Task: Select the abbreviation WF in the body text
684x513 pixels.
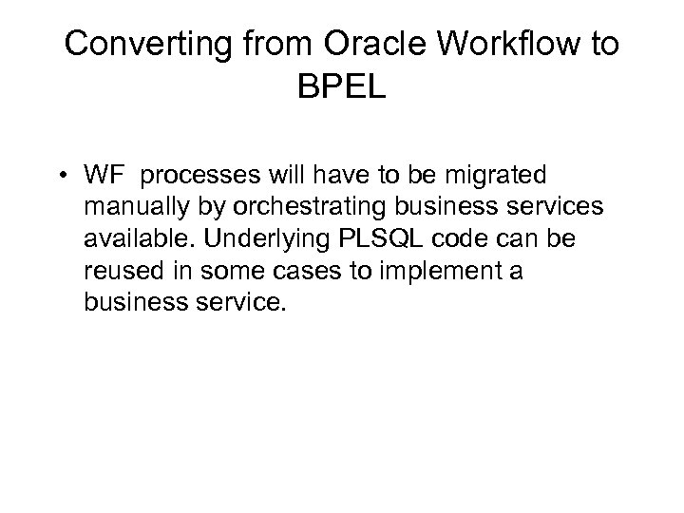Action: (154, 177)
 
